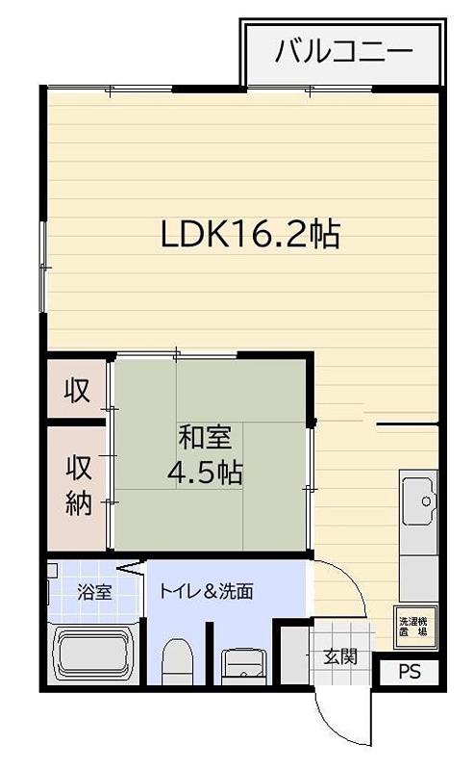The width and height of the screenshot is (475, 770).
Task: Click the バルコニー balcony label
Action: point(343,49)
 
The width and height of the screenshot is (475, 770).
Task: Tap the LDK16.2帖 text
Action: point(250,233)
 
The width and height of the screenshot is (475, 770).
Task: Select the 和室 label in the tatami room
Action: point(204,438)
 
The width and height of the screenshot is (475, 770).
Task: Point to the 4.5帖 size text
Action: point(204,473)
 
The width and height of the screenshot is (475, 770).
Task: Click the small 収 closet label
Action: point(77,390)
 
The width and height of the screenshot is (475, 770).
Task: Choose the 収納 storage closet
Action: point(78,486)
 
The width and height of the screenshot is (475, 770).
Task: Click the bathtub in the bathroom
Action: point(93,654)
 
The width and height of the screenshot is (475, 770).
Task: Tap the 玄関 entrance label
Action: point(339,657)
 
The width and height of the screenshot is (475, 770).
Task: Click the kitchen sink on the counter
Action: point(419,501)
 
